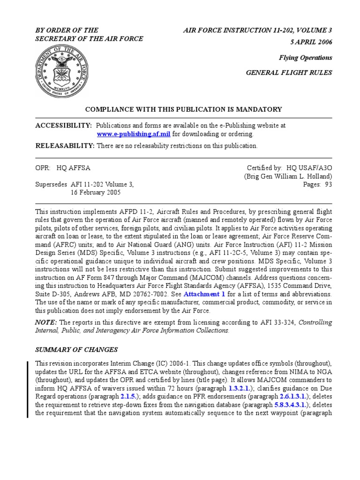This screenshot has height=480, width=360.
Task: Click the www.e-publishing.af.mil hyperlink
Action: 134,134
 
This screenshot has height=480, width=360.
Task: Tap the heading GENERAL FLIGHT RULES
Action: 289,73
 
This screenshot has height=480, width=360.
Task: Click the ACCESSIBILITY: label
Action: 64,126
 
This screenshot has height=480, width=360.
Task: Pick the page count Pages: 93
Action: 318,184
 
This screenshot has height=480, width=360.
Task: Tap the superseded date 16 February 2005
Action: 96,192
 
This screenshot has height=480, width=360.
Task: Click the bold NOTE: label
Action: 46,322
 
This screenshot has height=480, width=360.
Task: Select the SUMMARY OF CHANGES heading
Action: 76,350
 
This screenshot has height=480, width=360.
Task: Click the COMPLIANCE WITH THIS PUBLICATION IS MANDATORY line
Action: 183,109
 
